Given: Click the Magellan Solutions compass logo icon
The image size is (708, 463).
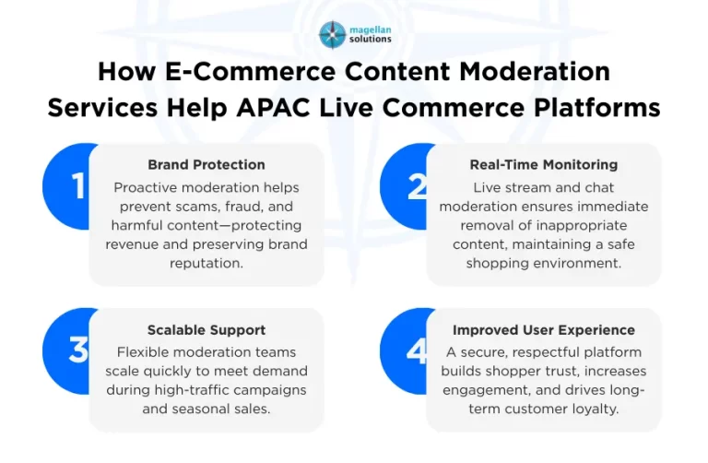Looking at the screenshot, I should tap(333, 34).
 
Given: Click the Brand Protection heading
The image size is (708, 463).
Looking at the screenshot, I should tap(206, 165).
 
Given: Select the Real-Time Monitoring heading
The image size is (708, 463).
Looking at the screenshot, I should tap(543, 165).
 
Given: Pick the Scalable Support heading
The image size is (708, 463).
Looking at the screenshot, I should tap(206, 330).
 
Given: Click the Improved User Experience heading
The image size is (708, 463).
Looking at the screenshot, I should tap(543, 330).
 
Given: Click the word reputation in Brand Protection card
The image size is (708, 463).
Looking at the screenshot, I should tap(206, 263).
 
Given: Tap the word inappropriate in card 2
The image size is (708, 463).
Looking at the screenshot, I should tap(580, 225).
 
